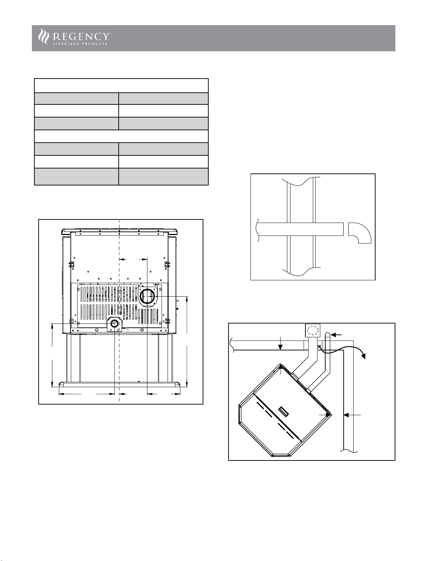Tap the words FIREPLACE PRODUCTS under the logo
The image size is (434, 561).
click(x=80, y=44)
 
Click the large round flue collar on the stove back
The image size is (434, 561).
click(x=147, y=297)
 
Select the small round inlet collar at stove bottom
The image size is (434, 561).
click(x=114, y=324)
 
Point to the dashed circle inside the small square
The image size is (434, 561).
click(x=313, y=331)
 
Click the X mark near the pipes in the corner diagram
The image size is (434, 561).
click(x=320, y=346)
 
